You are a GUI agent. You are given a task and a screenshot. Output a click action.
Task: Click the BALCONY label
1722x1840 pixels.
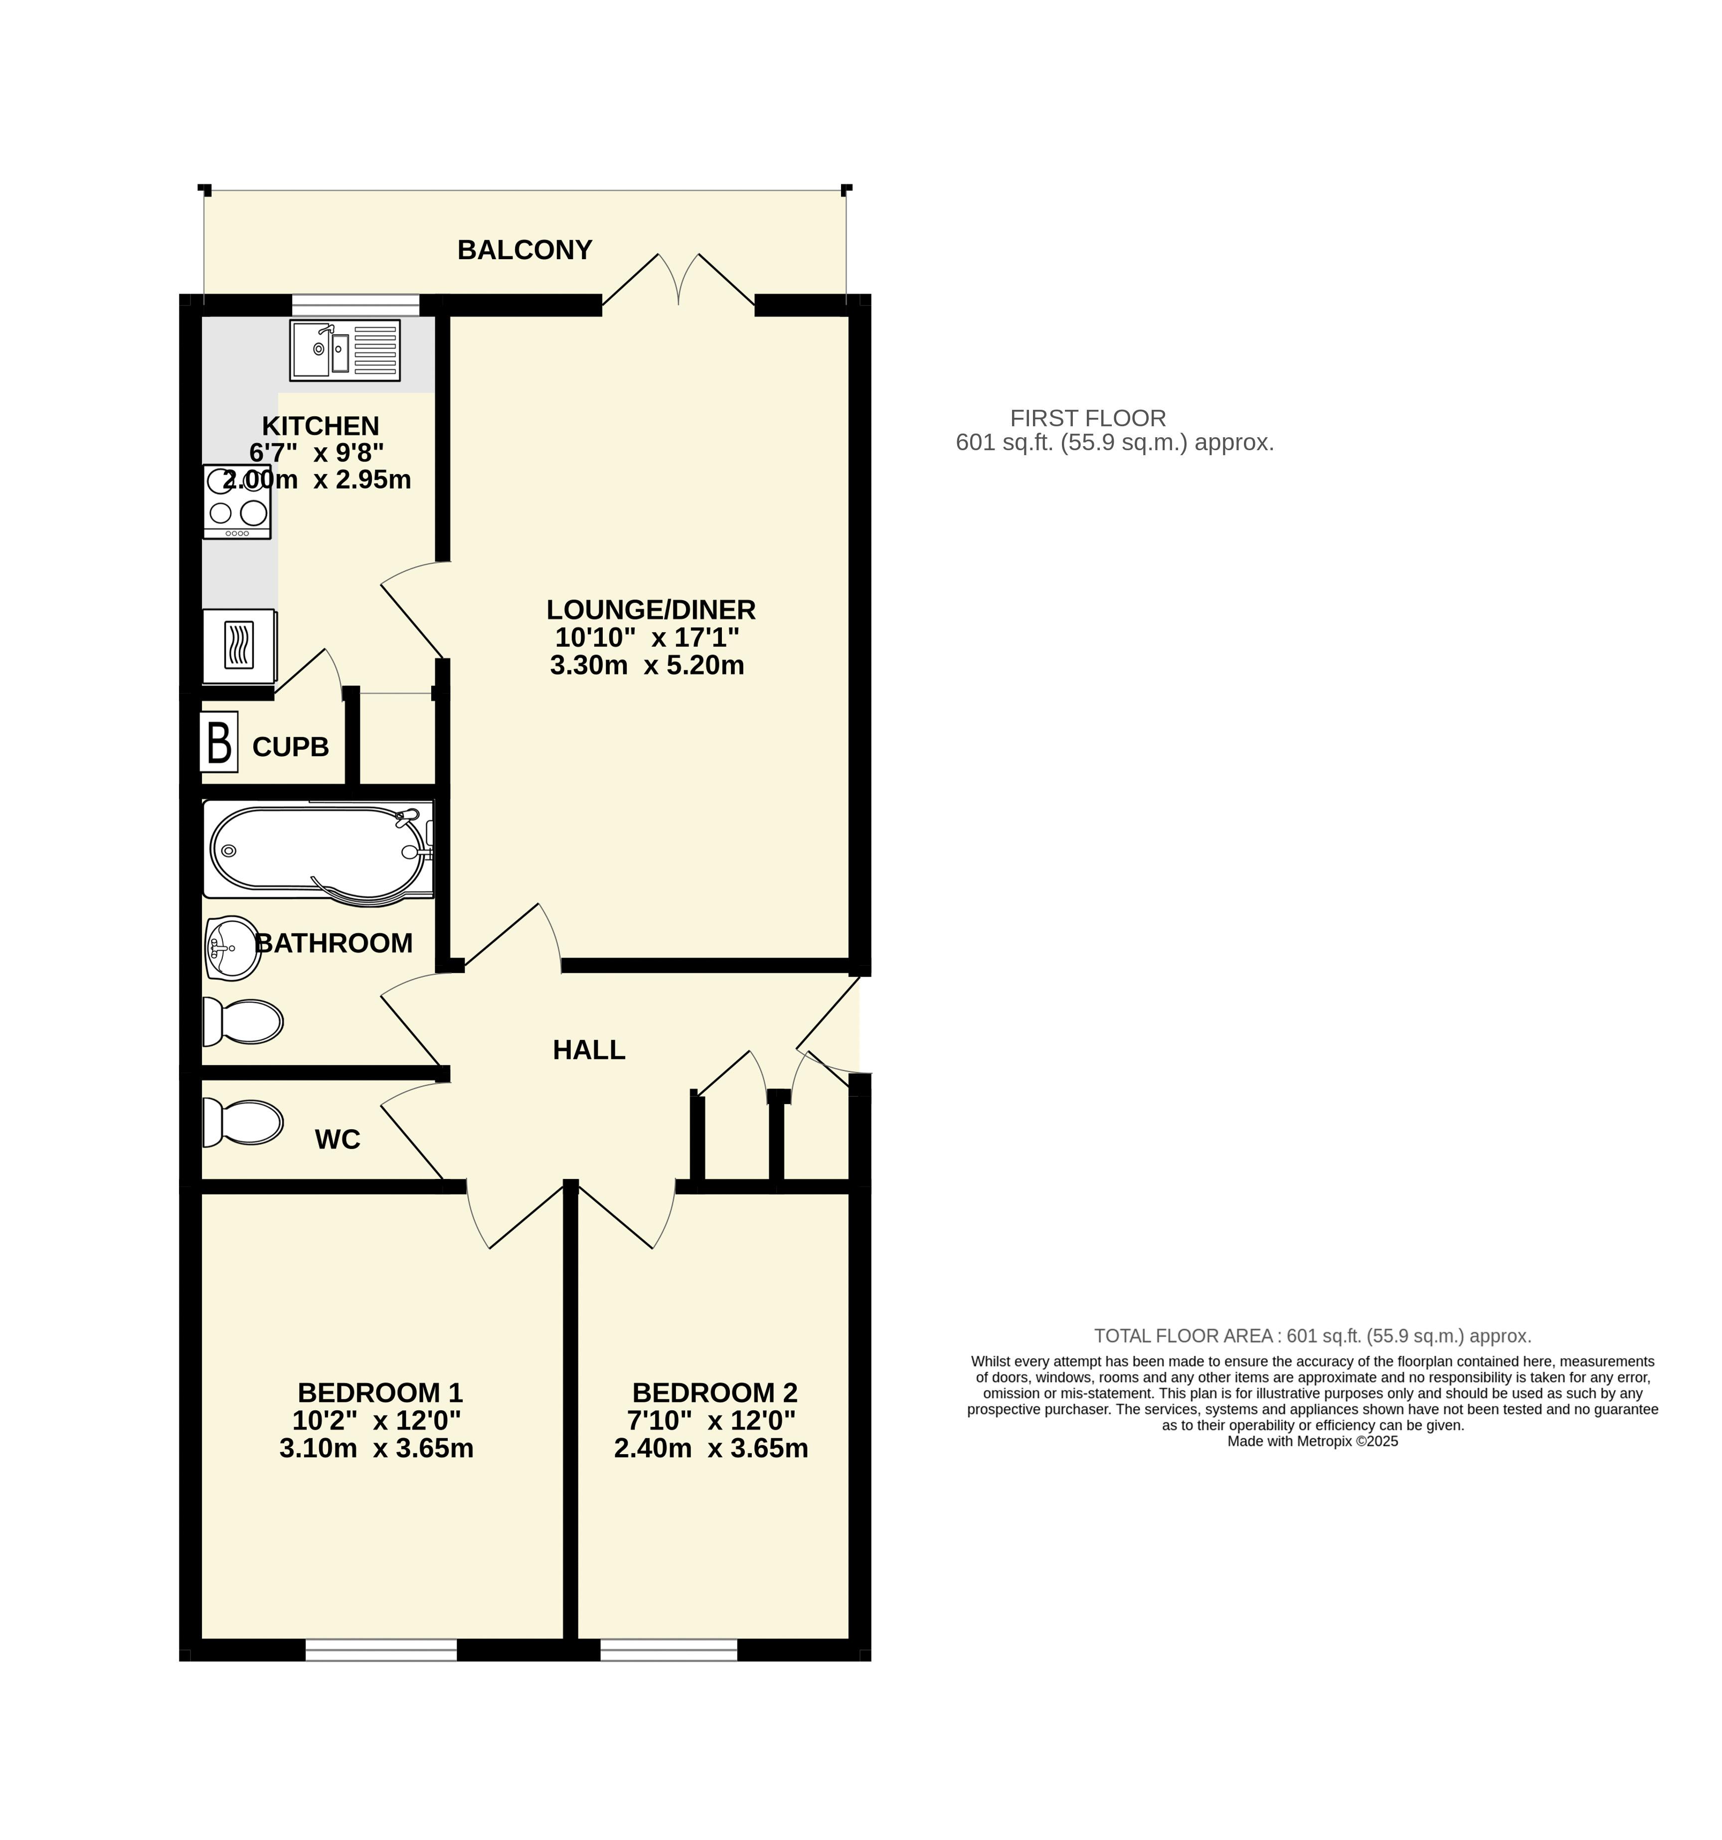pyautogui.click(x=524, y=250)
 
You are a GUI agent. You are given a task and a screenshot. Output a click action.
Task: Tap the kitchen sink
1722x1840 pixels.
pyautogui.click(x=344, y=350)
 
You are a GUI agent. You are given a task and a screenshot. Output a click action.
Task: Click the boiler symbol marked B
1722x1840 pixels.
pyautogui.click(x=218, y=741)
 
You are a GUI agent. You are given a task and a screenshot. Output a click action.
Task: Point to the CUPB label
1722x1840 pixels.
pyautogui.click(x=291, y=747)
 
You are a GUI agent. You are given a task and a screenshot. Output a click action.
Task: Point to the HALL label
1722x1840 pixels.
pyautogui.click(x=589, y=1049)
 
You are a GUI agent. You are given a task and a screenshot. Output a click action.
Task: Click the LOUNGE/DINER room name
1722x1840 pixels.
pyautogui.click(x=651, y=610)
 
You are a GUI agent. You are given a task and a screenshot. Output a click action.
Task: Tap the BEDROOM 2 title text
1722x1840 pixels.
pyautogui.click(x=715, y=1393)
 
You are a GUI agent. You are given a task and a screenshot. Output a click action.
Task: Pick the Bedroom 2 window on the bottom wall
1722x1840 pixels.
pyautogui.click(x=669, y=1650)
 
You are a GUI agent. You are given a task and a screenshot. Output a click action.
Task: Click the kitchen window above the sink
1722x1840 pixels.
pyautogui.click(x=355, y=306)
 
